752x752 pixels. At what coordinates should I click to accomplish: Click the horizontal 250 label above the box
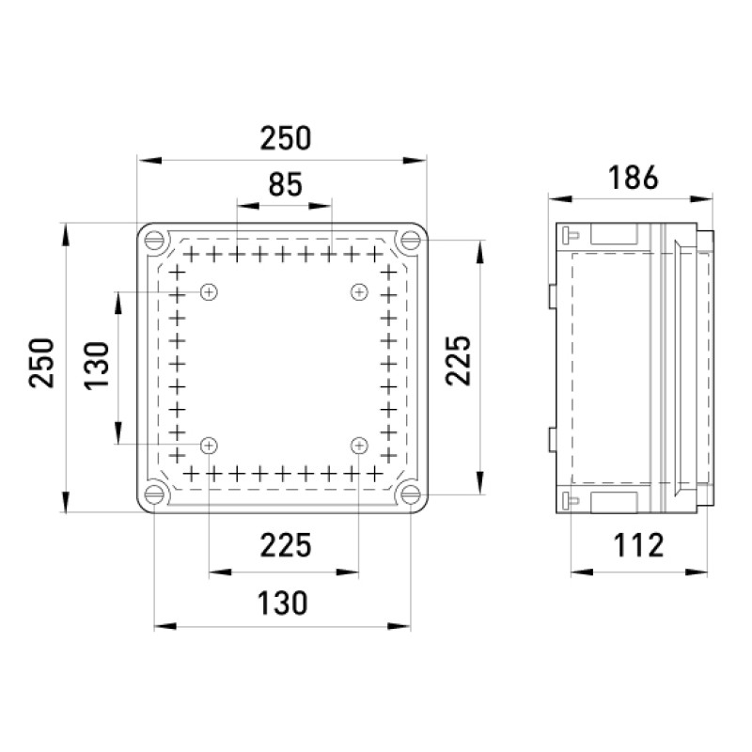point(286,138)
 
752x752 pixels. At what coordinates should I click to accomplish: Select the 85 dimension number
point(286,184)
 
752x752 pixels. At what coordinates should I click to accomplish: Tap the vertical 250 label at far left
point(41,363)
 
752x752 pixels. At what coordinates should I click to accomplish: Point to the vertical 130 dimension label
point(97,366)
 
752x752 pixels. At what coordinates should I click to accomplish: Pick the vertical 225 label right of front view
point(459,361)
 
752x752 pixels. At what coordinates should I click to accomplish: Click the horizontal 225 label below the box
point(286,545)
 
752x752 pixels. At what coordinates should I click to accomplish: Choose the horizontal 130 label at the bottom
point(283,603)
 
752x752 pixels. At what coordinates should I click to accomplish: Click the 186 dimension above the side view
point(633,178)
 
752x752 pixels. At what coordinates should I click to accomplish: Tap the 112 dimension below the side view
point(639,545)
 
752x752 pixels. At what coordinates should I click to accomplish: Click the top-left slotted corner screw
point(154,240)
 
